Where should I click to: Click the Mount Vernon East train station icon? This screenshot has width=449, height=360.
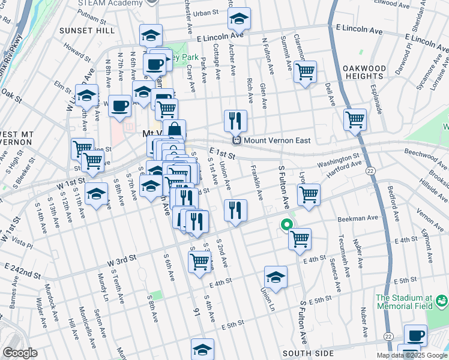click(x=237, y=140)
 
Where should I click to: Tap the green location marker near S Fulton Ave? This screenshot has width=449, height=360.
click(x=287, y=226)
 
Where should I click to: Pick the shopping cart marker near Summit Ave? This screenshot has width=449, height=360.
click(x=306, y=71)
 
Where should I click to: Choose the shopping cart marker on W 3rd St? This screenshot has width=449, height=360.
click(x=200, y=260)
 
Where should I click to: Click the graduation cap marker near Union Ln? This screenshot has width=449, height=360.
click(x=276, y=277)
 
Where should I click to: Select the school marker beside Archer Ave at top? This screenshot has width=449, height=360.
click(x=239, y=19)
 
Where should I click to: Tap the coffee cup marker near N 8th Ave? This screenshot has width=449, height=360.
click(x=119, y=105)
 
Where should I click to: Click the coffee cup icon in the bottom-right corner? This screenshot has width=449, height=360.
click(x=415, y=335)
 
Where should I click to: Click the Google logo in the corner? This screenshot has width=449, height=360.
click(x=19, y=352)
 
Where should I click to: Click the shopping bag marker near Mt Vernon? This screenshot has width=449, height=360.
click(x=174, y=130)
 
